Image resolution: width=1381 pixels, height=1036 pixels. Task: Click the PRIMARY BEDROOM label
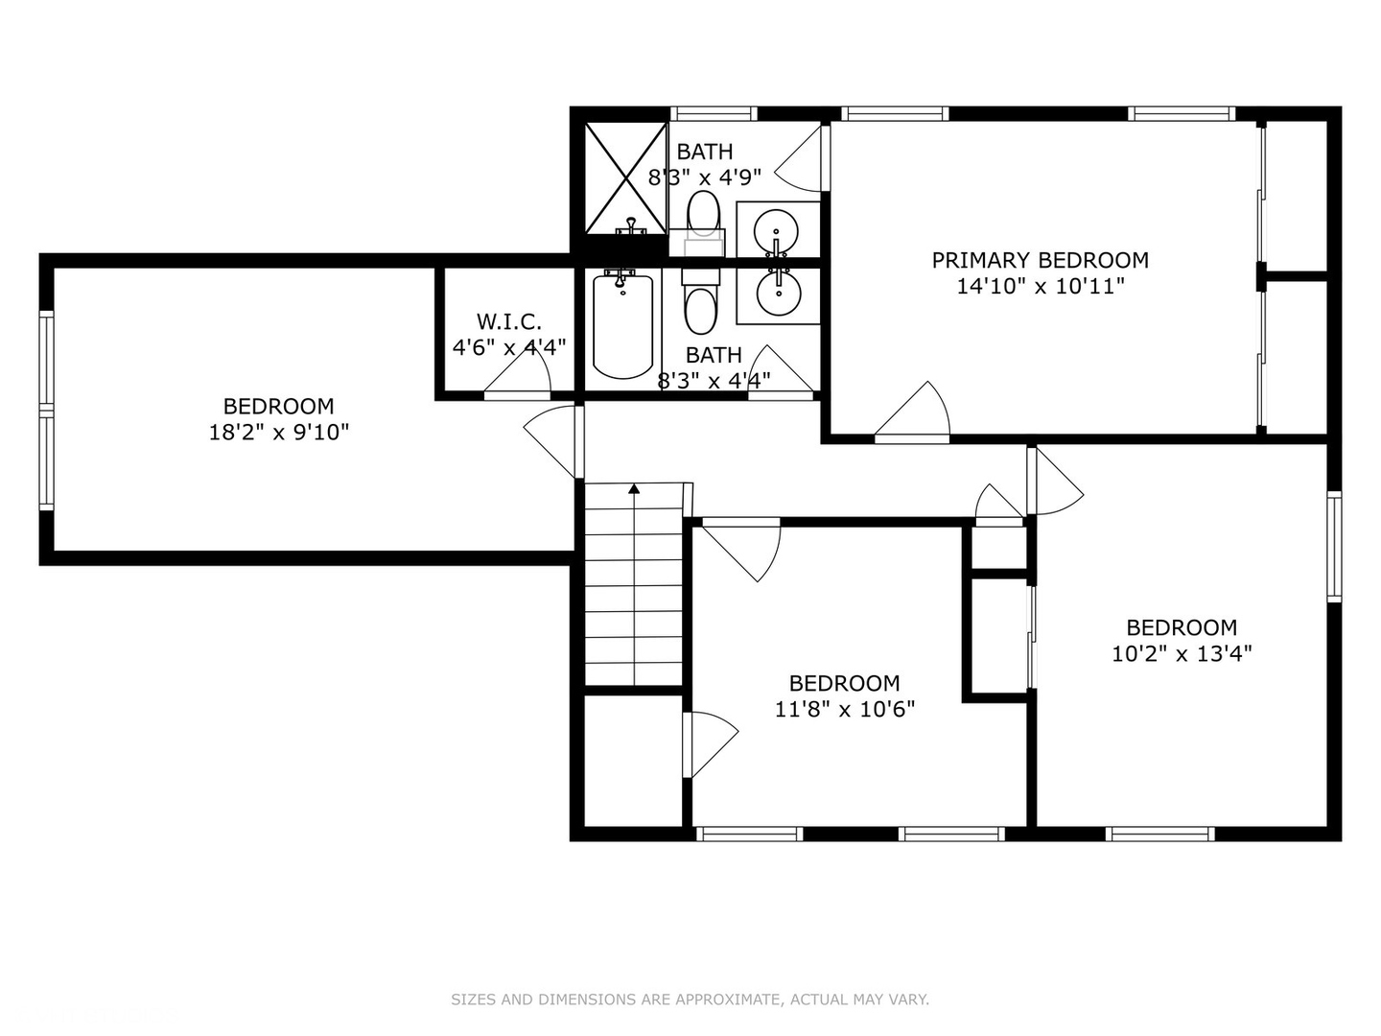coord(1040,260)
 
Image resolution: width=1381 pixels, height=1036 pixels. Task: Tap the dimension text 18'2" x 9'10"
coord(279,432)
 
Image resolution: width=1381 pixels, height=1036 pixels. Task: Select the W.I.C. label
coord(509,321)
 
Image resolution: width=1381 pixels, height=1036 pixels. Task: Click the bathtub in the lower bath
coord(622,326)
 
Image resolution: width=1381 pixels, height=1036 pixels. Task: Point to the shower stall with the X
coord(625,178)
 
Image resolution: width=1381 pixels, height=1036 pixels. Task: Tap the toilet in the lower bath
coord(700,301)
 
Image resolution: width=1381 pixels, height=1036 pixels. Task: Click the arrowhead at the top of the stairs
coord(634,488)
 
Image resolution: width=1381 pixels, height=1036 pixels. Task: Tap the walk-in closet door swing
coord(518,372)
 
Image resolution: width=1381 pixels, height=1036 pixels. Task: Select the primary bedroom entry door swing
coord(912,409)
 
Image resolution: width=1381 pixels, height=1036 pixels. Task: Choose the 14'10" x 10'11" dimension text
coord(1040,286)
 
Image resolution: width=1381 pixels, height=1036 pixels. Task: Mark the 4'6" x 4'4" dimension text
coord(509,346)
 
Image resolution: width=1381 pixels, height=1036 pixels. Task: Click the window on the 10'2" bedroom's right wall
coord(1334,547)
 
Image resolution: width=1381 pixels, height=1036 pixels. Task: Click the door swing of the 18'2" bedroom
coord(550,441)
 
